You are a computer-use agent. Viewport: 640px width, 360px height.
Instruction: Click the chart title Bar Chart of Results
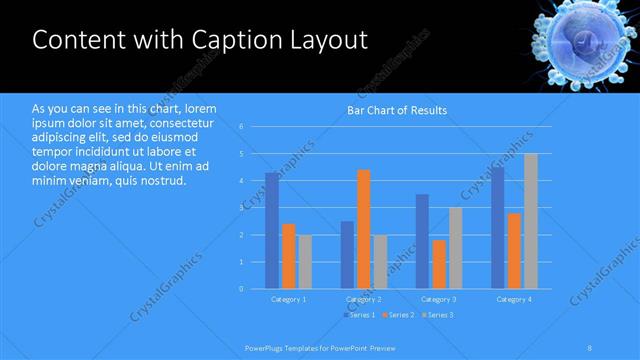coord(396,110)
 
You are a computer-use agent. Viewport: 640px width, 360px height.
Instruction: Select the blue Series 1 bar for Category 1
coord(272,230)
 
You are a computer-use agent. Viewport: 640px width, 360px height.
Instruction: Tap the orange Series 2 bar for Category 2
coord(363,229)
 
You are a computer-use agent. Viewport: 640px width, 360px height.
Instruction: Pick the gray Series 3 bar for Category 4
coord(530,221)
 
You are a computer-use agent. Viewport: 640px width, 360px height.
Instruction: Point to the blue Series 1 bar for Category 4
coord(498,228)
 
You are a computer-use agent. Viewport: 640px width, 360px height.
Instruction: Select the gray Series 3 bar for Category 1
coord(304,262)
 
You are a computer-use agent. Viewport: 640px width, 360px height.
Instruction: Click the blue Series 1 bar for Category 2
coord(347,255)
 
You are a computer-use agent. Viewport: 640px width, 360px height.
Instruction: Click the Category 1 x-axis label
coord(289,299)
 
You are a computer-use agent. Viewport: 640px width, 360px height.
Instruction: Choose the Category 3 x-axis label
coord(439,299)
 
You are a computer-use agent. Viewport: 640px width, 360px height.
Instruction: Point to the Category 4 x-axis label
coord(514,299)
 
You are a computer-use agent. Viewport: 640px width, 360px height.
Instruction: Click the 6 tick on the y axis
coord(241,127)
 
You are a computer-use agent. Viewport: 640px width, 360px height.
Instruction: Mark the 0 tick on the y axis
coord(241,288)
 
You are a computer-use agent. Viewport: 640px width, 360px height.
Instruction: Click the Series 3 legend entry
coord(437,315)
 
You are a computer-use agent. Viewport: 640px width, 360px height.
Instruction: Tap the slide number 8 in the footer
coord(590,347)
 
